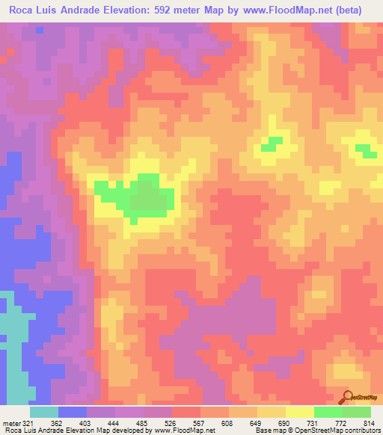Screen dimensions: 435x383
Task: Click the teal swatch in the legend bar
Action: [x=44, y=412]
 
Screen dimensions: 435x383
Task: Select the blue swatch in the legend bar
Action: [x=73, y=412]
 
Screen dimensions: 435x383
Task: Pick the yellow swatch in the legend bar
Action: [x=300, y=412]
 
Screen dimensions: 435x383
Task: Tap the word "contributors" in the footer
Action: [x=361, y=431]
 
